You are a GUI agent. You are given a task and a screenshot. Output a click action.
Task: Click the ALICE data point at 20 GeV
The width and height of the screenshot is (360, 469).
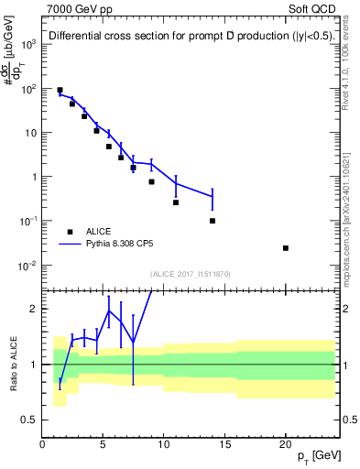coord(286,248)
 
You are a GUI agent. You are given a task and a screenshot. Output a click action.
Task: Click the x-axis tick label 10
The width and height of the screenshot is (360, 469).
coord(164,444)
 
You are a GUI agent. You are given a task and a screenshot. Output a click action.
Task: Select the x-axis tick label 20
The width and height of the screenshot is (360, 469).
coord(286,444)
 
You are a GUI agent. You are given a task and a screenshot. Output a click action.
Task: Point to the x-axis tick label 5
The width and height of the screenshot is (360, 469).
coord(104,444)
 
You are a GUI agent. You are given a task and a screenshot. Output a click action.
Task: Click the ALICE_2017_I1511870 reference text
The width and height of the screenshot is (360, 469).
coord(191,274)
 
